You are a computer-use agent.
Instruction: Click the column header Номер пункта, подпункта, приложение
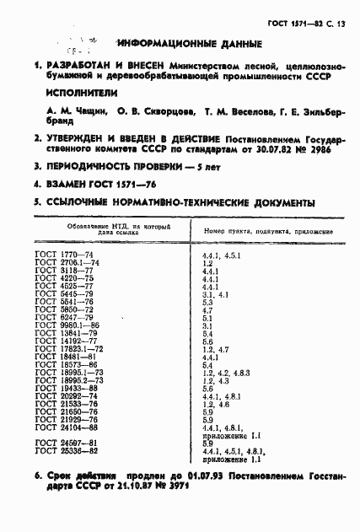coord(267,229)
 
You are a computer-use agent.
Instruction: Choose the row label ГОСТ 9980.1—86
coord(67,325)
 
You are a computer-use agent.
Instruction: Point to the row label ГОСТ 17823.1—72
coord(68,348)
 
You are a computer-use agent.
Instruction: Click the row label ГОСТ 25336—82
coord(65,451)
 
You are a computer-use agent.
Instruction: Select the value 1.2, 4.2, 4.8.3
coord(226,372)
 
